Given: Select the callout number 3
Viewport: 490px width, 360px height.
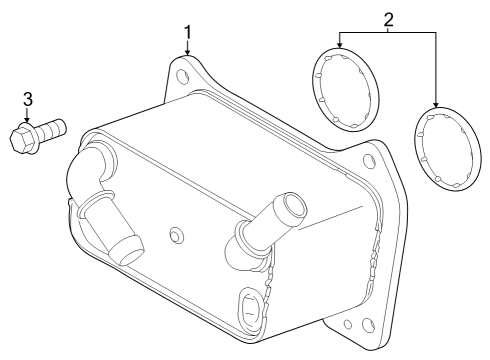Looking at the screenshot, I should click(x=28, y=98).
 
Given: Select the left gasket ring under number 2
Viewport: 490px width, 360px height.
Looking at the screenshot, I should click(x=346, y=88).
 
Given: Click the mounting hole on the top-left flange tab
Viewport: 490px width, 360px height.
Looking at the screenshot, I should click(x=180, y=73).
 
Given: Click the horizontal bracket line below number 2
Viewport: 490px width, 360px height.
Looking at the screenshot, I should click(x=388, y=33).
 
